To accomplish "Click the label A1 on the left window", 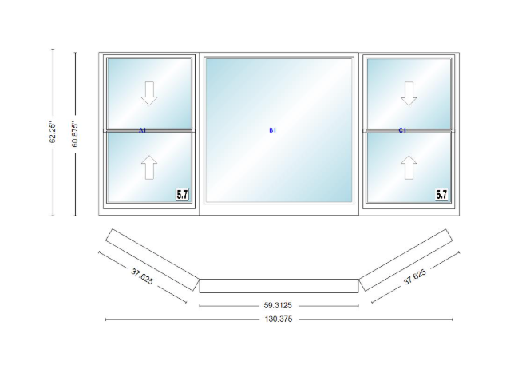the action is coord(142,130).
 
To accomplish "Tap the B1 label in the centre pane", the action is coord(273,130).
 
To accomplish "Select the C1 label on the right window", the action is coord(402,130).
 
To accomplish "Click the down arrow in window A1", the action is coord(149,93).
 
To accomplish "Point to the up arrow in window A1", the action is coord(149,167).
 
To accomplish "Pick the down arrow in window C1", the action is coord(409,93).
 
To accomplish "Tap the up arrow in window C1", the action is coord(409,167).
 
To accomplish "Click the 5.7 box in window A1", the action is coord(182,194).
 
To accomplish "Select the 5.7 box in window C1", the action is coord(441,194).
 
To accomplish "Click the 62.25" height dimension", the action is coord(53,133).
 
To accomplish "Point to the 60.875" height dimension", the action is coord(75,134).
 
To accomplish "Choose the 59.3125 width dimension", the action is coord(278,306).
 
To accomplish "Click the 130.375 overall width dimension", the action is coord(279,319).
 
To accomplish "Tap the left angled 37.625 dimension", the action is coord(142,276).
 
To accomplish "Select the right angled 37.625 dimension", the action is coord(415,277).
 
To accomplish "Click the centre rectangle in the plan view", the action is coord(279,286).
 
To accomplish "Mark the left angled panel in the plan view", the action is coord(152,260).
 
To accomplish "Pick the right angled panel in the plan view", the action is coord(405,260).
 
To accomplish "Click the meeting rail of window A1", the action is coord(149,130).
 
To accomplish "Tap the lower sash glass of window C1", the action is coord(409,167).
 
